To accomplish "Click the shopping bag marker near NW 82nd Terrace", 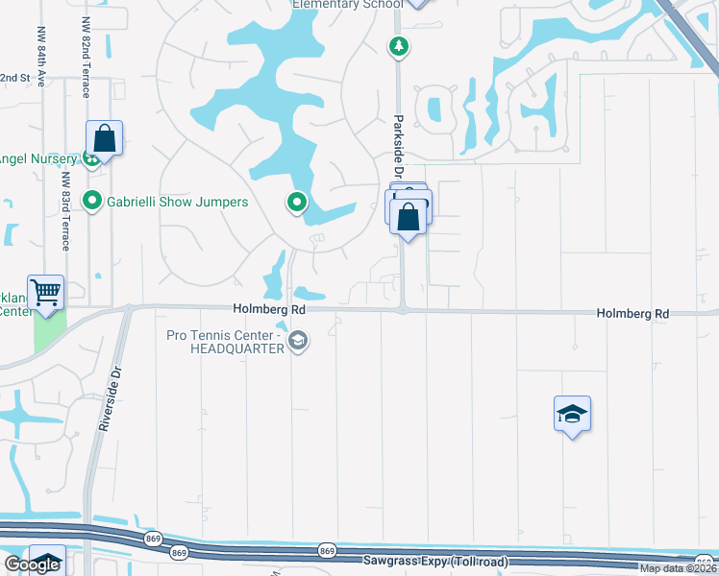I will (x=105, y=138).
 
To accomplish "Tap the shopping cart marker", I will (x=46, y=292).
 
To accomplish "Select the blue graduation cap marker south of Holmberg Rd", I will (x=572, y=415).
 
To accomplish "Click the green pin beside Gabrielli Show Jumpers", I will (x=92, y=202).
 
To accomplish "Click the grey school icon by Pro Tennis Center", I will (x=298, y=341).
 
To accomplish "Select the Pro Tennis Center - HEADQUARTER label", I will (x=224, y=342).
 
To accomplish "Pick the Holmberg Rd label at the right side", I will (x=632, y=314).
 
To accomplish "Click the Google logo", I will (x=32, y=565).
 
